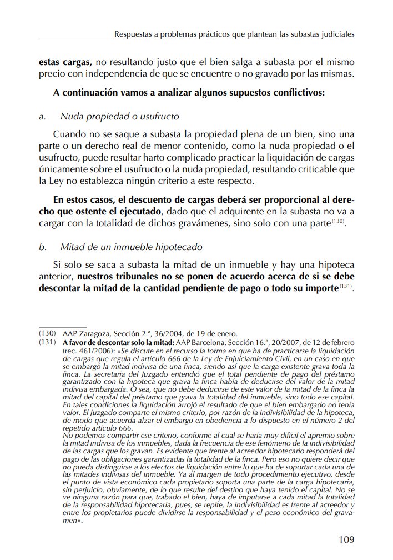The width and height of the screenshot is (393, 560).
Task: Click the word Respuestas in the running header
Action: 134,34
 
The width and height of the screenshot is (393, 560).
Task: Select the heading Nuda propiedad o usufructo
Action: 120,117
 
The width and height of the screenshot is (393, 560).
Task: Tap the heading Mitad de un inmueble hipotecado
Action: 131,246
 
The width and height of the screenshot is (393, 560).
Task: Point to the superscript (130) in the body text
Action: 339,221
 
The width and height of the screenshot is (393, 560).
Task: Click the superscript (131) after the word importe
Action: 346,286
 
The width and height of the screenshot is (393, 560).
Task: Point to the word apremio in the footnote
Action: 306,437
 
